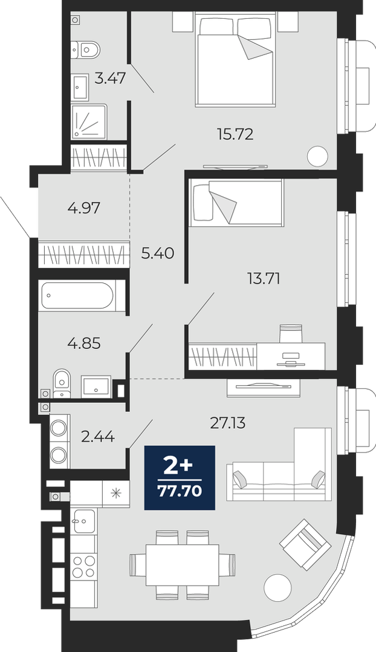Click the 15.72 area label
tap(235, 134)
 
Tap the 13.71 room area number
tap(263, 278)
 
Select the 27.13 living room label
tap(228, 423)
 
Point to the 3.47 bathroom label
tap(110, 78)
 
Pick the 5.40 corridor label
tap(157, 253)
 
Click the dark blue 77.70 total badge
tap(180, 477)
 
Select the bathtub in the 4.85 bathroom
tap(77, 296)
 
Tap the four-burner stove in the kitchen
tap(83, 566)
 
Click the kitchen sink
tap(83, 521)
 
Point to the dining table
tap(183, 565)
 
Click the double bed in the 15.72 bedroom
tap(235, 58)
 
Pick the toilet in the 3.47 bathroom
tap(86, 50)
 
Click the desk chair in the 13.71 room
tap(290, 332)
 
